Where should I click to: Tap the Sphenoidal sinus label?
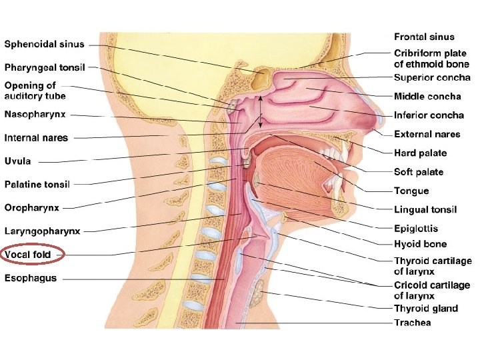tap(45, 45)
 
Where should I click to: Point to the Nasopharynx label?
tap(35, 115)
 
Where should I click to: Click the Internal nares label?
tap(37, 138)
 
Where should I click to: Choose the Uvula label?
tap(18, 161)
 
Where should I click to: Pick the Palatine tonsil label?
tap(38, 184)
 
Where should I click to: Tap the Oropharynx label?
tap(32, 207)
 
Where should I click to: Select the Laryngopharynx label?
tap(43, 231)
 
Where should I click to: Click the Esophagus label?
tap(31, 278)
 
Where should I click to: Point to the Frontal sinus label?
tap(424, 37)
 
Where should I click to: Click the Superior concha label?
tap(432, 78)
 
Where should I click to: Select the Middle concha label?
tap(427, 97)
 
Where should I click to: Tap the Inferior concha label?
tap(429, 115)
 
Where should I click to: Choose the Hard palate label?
tap(420, 153)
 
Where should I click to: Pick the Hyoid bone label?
tap(420, 244)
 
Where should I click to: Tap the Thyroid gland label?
tap(426, 308)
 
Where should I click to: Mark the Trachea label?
tap(412, 323)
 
